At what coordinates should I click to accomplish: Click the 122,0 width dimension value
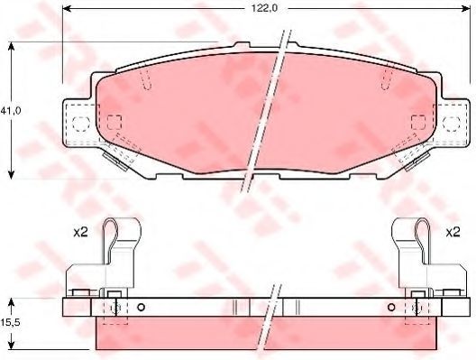click(x=264, y=8)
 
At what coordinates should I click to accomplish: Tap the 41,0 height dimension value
click(x=10, y=111)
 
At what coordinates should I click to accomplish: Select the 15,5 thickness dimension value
click(x=10, y=323)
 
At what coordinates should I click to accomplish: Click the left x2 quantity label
click(x=80, y=233)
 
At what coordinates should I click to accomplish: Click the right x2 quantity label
click(x=453, y=233)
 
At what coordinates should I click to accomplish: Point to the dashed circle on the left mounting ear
click(x=81, y=124)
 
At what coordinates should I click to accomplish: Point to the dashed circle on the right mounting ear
click(x=452, y=124)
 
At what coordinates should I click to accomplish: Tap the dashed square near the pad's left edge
click(x=114, y=123)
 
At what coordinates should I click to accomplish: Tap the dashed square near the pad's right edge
click(x=418, y=123)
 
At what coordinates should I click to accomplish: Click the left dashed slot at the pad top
click(x=146, y=79)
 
